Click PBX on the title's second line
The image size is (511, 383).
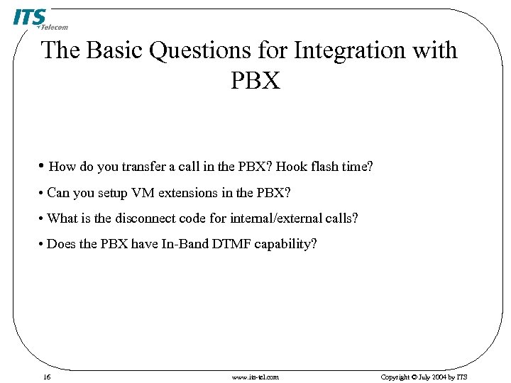[x=255, y=80]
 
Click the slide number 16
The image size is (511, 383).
[x=46, y=377]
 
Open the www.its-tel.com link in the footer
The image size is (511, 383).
[x=255, y=377]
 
